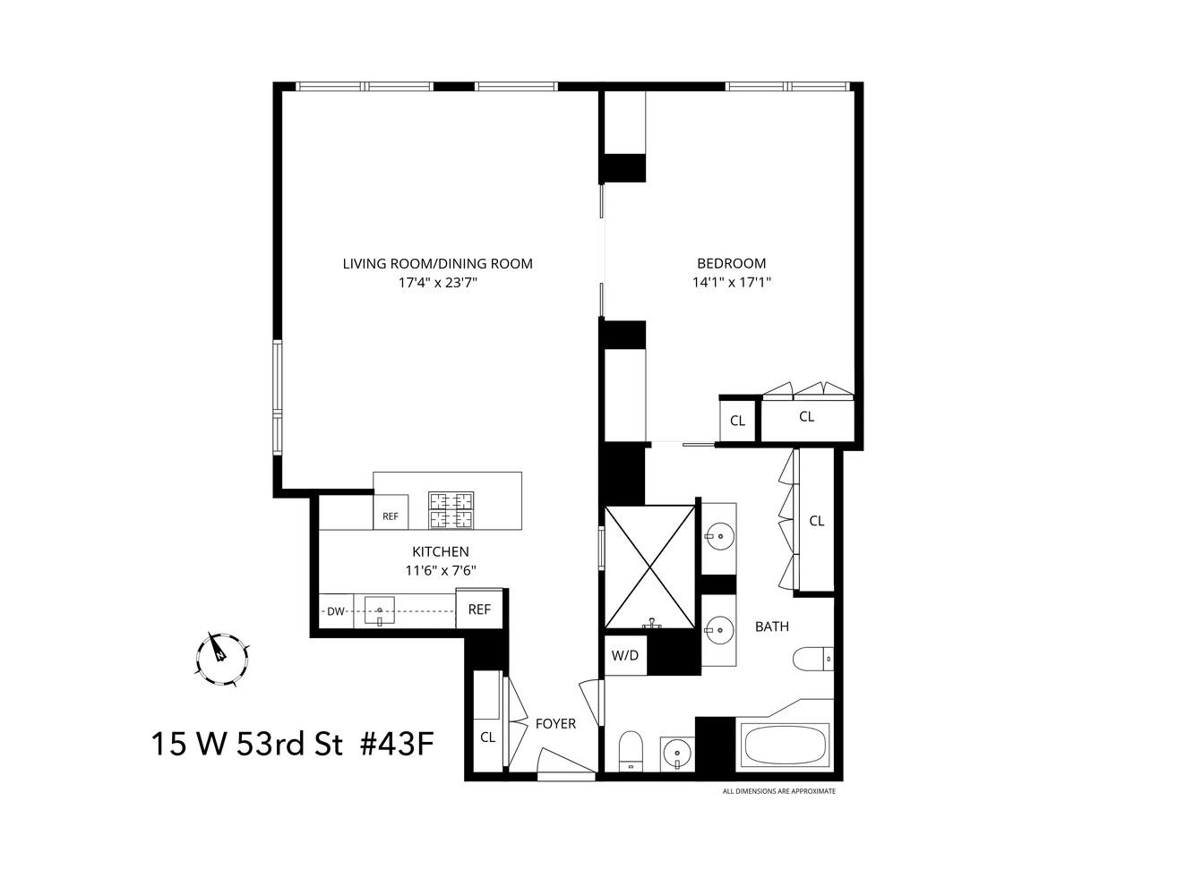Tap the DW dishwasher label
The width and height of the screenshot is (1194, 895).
(x=336, y=612)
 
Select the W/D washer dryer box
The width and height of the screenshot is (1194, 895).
(x=625, y=655)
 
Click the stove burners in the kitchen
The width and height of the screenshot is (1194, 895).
(x=451, y=510)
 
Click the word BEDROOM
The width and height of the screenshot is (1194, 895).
(x=731, y=263)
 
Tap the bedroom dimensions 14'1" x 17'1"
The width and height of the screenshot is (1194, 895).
(x=731, y=283)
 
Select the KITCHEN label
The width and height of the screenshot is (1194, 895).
(x=440, y=551)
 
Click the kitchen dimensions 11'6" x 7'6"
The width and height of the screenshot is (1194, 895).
(x=440, y=571)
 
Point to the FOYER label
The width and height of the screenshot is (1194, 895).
(x=555, y=723)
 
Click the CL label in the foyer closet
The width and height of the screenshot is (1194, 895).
(x=488, y=738)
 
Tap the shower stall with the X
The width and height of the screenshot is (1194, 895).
(x=650, y=567)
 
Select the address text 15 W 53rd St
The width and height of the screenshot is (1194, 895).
(x=246, y=744)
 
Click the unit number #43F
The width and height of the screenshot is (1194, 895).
(x=397, y=744)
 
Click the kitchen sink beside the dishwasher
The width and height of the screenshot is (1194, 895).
(x=380, y=613)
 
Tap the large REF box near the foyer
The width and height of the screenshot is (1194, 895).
(x=479, y=609)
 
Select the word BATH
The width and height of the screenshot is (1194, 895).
(x=771, y=626)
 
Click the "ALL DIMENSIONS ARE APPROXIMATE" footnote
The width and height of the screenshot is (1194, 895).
(x=778, y=791)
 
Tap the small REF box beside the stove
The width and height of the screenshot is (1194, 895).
(x=391, y=516)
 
